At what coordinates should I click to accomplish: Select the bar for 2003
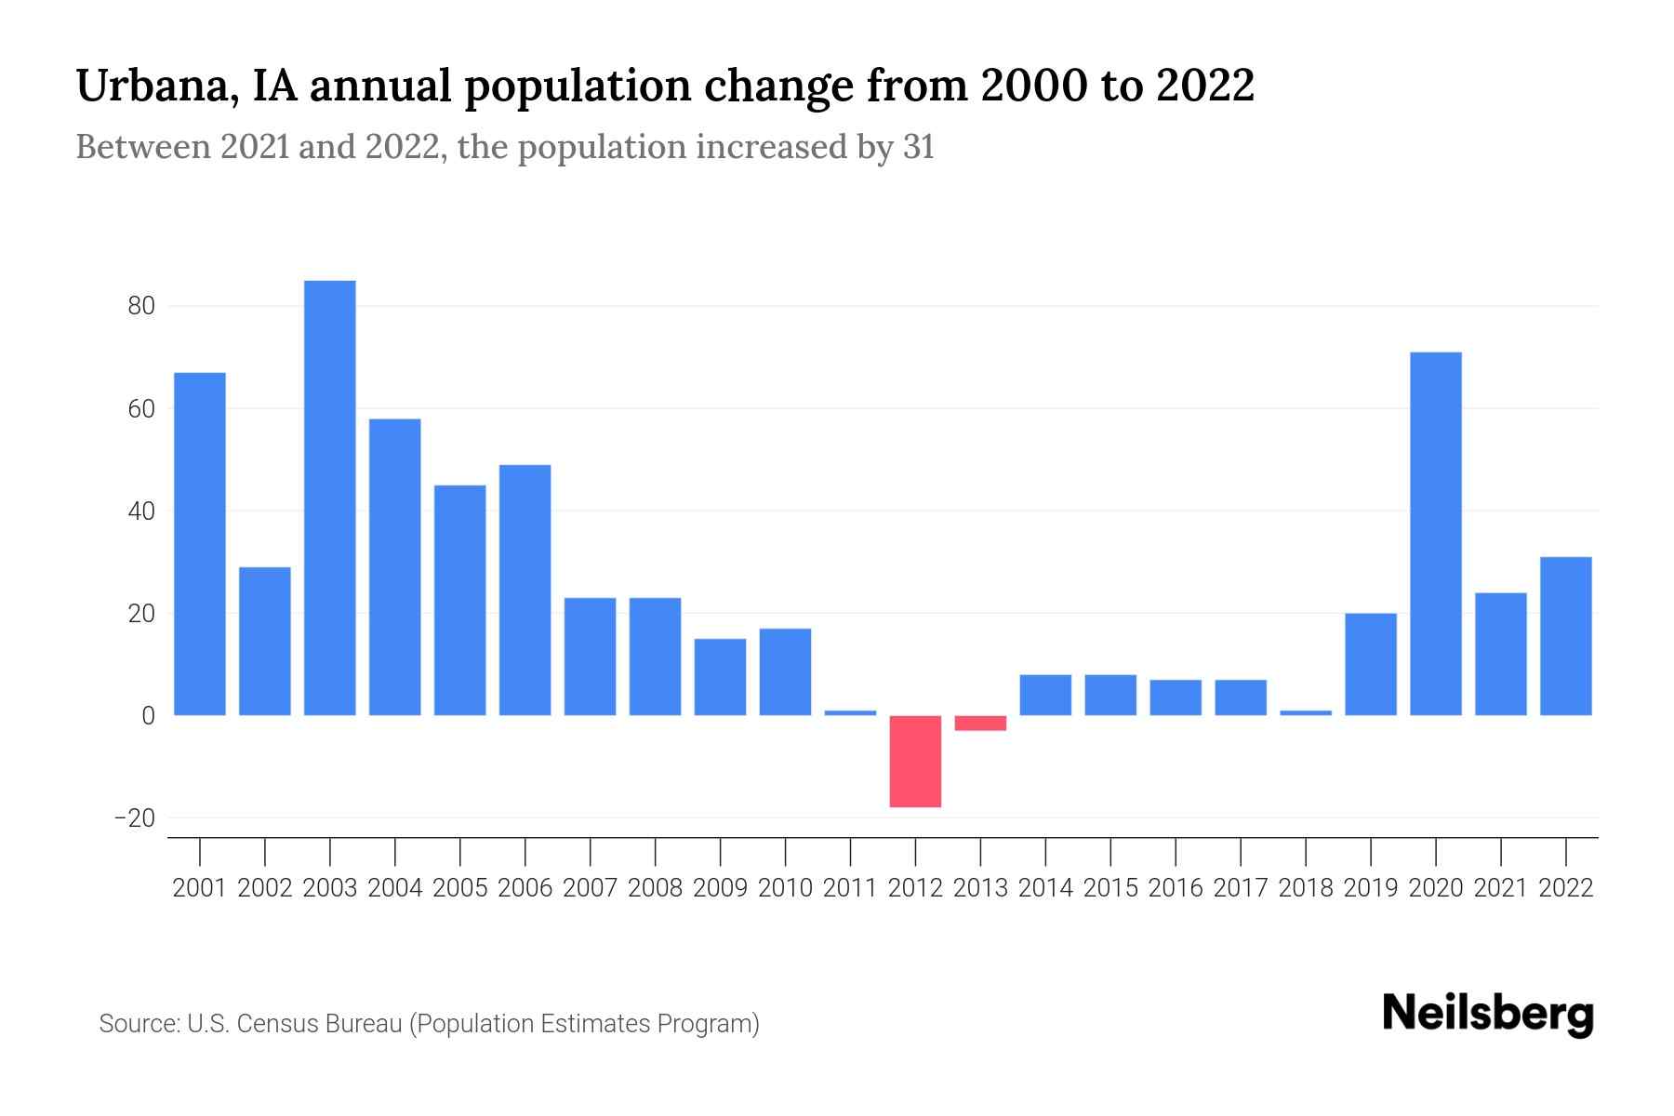click(x=329, y=498)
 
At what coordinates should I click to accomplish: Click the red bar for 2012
click(x=915, y=761)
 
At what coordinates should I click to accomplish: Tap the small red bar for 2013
click(x=980, y=723)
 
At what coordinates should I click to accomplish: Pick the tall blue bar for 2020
click(x=1435, y=534)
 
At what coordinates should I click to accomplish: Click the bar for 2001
click(x=200, y=544)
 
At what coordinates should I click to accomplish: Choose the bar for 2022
click(x=1565, y=636)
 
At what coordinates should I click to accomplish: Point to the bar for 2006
click(x=525, y=590)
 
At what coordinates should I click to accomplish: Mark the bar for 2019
click(x=1370, y=664)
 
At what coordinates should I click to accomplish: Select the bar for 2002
click(x=265, y=641)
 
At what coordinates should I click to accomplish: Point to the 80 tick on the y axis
click(x=141, y=306)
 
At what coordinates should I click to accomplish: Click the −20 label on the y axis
click(x=134, y=818)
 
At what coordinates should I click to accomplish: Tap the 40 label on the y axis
click(x=141, y=511)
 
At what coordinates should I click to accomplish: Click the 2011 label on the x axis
click(x=850, y=888)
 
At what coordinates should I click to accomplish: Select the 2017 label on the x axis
click(x=1241, y=888)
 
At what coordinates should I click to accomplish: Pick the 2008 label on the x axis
click(x=655, y=888)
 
